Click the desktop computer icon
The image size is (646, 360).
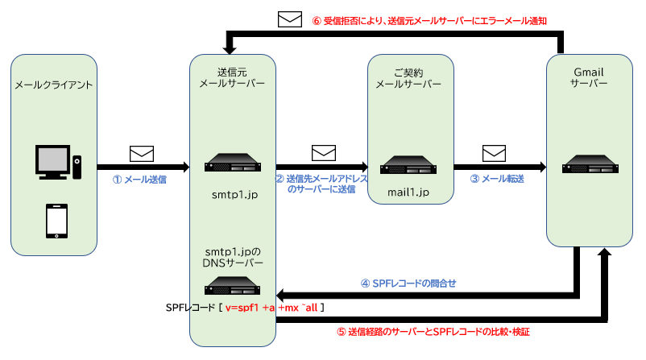(x=53, y=163)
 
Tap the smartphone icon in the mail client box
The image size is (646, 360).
(x=55, y=219)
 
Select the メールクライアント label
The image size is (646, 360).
(x=55, y=85)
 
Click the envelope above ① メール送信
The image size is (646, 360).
(x=142, y=153)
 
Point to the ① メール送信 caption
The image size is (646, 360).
(x=139, y=180)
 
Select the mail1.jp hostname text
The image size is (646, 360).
(x=408, y=193)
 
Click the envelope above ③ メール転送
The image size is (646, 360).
(x=494, y=152)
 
